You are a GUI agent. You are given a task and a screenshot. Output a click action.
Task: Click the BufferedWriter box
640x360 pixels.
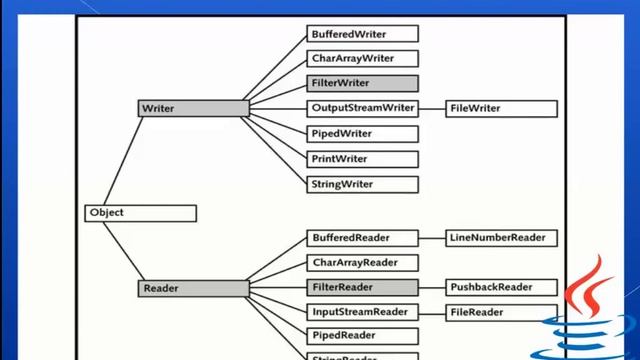tap(362, 34)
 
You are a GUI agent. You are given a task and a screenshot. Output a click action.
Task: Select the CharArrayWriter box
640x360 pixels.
tap(362, 59)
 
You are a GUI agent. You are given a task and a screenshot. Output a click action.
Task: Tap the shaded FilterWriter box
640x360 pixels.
tap(362, 84)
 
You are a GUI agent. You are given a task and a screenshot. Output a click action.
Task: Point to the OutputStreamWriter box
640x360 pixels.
tap(362, 108)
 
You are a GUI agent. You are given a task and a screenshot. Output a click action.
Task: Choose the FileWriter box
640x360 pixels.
tap(501, 108)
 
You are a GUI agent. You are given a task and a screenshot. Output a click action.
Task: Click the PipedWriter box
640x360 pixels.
tap(362, 133)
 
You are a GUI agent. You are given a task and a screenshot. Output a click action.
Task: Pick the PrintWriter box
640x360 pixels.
tap(362, 159)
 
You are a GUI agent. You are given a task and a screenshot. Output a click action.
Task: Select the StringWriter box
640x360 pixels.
tap(362, 184)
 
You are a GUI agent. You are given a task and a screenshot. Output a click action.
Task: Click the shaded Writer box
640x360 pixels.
tap(193, 108)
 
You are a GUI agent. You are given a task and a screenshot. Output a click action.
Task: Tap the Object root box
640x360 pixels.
tap(140, 213)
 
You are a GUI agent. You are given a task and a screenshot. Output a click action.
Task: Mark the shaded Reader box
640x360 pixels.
tap(193, 289)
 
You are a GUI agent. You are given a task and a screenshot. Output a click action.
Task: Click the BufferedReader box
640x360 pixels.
tap(362, 238)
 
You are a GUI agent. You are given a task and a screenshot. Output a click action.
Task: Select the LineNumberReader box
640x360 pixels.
tap(501, 238)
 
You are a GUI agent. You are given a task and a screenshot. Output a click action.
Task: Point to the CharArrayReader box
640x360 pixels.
tap(362, 263)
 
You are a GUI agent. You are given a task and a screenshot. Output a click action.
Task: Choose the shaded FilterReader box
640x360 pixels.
tap(362, 288)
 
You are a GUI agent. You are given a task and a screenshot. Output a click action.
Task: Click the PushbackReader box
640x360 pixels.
tap(501, 288)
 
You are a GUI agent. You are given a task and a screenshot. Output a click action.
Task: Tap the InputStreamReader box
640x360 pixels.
tap(362, 312)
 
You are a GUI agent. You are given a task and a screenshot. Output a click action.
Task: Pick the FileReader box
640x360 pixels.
tap(501, 312)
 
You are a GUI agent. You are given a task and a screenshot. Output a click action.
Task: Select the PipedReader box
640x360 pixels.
tap(362, 336)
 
